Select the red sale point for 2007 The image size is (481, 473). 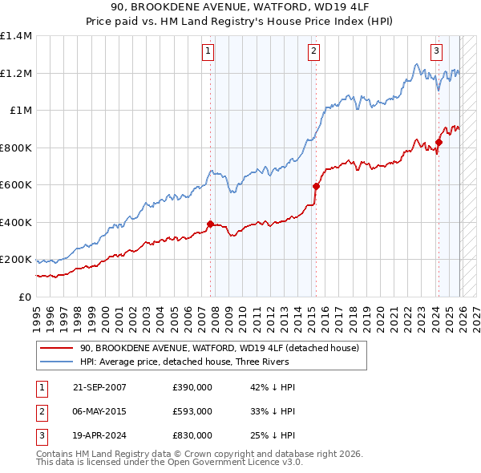click(211, 224)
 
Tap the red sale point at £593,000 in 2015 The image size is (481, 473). click(316, 187)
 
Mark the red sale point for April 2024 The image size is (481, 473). click(439, 143)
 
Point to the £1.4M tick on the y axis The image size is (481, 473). click(16, 36)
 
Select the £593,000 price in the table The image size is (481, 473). click(192, 411)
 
